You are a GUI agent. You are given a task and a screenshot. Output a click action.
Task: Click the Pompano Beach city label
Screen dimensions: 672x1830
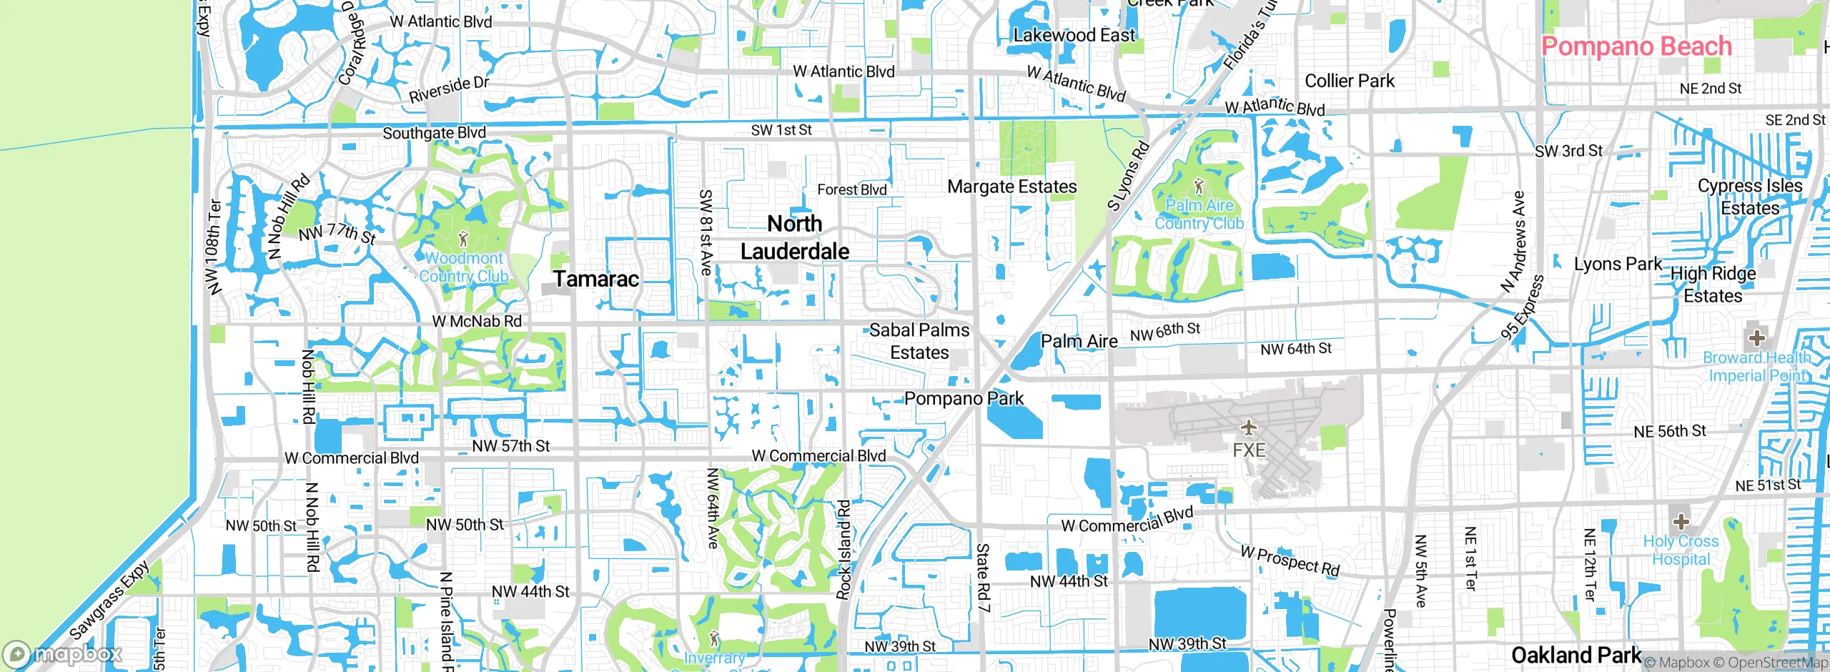click(1636, 46)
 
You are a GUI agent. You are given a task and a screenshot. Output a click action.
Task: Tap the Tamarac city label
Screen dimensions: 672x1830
click(596, 279)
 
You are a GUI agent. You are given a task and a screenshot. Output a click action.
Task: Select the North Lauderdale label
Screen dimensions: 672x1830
click(795, 237)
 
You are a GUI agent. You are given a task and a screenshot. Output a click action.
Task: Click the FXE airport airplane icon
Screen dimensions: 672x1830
click(1248, 428)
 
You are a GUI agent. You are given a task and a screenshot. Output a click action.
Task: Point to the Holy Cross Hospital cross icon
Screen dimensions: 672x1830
click(1681, 520)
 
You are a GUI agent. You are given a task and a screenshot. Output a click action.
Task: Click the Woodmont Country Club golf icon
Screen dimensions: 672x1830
click(463, 239)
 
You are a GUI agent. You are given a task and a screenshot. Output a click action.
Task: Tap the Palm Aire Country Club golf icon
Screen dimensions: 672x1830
click(1199, 187)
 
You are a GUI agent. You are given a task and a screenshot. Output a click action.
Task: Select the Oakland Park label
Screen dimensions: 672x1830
click(1576, 655)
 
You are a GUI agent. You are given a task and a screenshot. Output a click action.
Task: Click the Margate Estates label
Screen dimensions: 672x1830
click(1012, 187)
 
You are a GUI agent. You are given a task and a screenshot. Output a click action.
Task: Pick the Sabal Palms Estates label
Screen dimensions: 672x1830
click(919, 341)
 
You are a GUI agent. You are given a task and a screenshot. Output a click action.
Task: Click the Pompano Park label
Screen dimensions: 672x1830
click(964, 398)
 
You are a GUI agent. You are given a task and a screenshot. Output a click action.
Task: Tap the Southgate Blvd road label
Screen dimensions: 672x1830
click(434, 133)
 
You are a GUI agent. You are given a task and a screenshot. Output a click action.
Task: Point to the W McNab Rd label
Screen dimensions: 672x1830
click(477, 322)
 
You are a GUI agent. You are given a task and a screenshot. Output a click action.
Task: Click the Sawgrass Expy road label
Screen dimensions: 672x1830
click(110, 599)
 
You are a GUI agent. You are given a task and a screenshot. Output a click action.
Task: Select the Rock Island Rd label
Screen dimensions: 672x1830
click(844, 549)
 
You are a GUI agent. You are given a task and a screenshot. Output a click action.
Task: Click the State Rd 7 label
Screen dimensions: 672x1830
click(984, 577)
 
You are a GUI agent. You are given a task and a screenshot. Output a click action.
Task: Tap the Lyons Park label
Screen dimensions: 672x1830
click(1618, 264)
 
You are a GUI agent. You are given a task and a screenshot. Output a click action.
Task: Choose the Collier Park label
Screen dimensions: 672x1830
click(1350, 81)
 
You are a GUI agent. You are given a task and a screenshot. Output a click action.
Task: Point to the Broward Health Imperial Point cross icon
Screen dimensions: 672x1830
click(1756, 337)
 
